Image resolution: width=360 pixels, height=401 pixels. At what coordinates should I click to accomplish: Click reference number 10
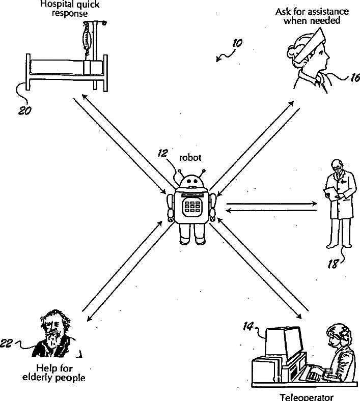tap(236, 45)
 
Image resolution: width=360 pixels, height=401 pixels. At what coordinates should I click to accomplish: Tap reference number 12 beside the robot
tap(163, 154)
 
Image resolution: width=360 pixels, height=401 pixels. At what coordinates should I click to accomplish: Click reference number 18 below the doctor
tap(332, 264)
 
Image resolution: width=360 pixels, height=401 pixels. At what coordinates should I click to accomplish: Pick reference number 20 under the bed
tap(24, 110)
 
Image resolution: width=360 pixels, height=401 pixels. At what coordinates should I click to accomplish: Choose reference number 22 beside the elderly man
tap(7, 344)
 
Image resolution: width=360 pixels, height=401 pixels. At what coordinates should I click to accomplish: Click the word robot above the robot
tap(190, 158)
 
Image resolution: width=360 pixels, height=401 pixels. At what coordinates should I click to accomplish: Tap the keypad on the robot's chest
tap(192, 206)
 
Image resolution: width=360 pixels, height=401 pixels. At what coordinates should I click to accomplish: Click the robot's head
tap(191, 182)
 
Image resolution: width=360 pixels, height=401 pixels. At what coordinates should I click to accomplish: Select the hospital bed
tap(66, 69)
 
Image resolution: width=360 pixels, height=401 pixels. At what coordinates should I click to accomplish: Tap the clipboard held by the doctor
tap(330, 193)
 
